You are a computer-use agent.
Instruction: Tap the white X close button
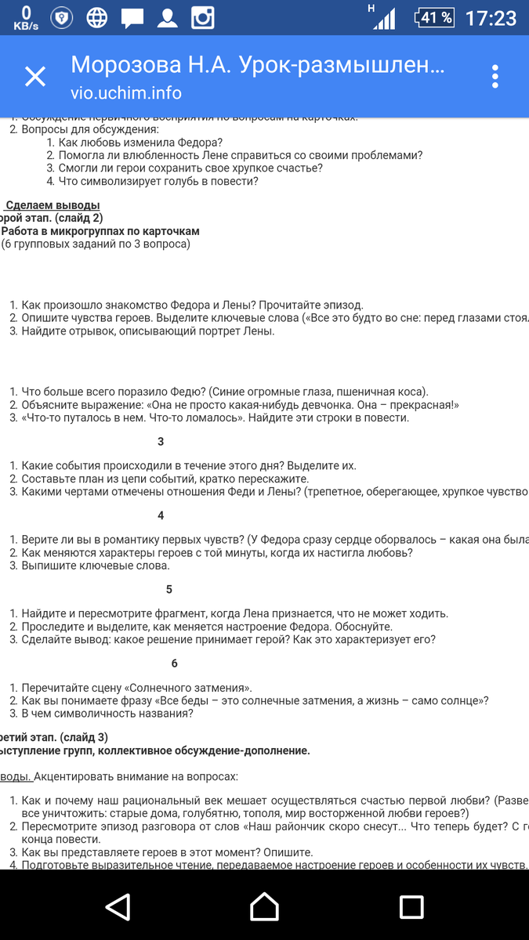[x=35, y=77]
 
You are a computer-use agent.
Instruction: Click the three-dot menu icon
[x=495, y=77]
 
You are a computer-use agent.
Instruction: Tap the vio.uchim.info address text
[x=126, y=93]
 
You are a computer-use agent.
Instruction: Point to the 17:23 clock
[x=491, y=17]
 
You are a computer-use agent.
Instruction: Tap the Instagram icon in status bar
[x=203, y=17]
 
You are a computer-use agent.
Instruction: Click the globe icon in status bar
[x=97, y=17]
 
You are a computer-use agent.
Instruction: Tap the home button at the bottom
[x=264, y=906]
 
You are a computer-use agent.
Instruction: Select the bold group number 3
[x=161, y=442]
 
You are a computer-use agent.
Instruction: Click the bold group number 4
[x=161, y=515]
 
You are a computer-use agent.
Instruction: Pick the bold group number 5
[x=169, y=589]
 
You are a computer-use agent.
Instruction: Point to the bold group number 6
[x=174, y=663]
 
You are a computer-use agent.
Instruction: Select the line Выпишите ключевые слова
[x=96, y=566]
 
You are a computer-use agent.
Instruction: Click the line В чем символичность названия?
[x=107, y=714]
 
